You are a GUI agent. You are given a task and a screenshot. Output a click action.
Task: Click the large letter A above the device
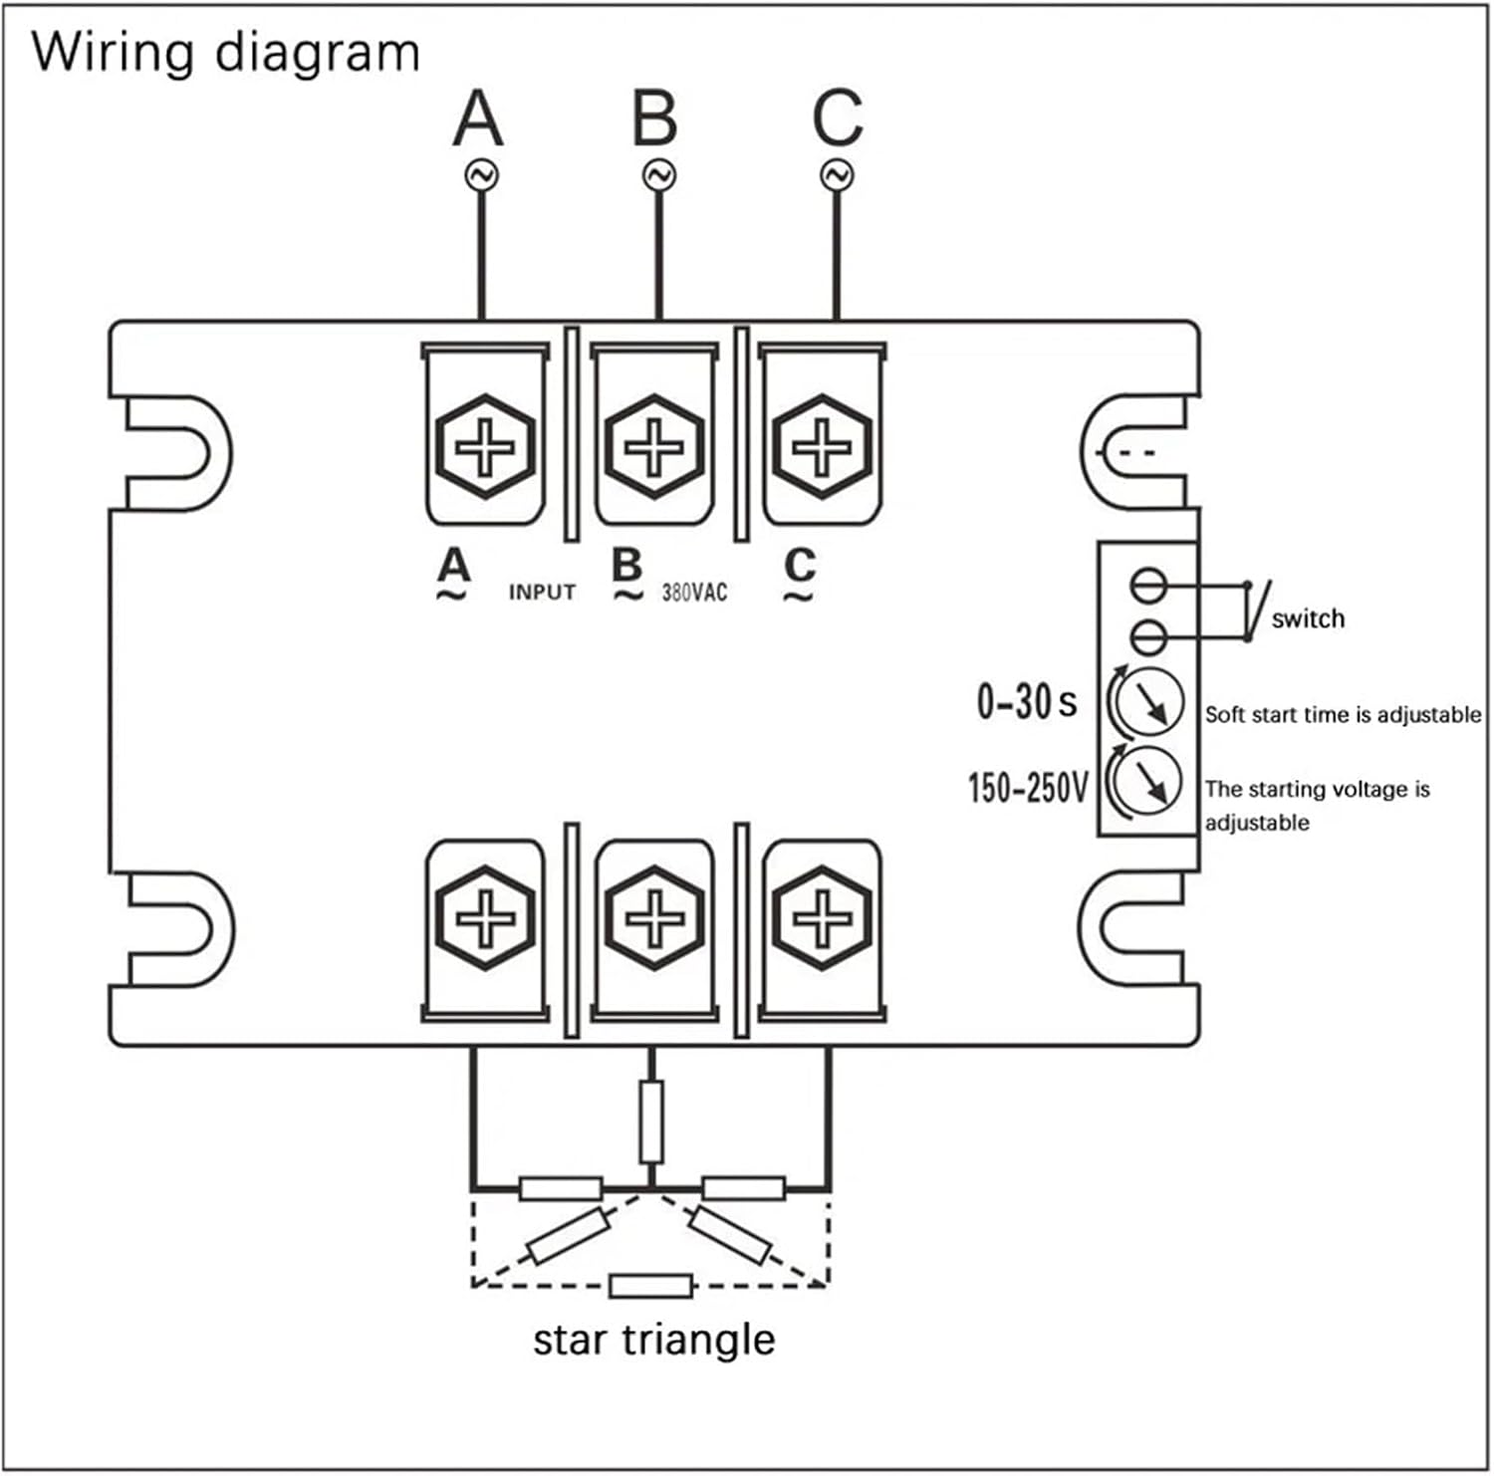tap(478, 119)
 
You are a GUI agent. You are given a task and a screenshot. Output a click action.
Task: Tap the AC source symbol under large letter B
tap(658, 175)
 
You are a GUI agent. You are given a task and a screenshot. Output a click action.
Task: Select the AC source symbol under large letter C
tap(837, 175)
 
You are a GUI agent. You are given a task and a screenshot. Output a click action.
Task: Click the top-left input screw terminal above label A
tap(485, 446)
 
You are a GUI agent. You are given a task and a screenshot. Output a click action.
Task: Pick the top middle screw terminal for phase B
tap(653, 446)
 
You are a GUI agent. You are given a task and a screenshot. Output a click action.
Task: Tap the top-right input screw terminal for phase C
tap(822, 446)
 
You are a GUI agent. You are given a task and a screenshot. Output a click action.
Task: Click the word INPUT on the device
tap(542, 593)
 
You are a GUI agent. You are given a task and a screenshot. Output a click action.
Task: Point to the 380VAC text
tap(694, 593)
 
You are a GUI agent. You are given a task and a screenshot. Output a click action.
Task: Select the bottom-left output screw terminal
tap(485, 918)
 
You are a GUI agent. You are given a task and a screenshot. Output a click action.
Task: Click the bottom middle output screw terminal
tap(653, 918)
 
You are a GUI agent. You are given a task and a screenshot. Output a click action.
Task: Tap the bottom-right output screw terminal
tap(822, 918)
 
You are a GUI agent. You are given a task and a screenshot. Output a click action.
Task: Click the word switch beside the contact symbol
tap(1308, 618)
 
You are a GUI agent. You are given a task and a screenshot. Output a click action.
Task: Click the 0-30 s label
tap(1026, 702)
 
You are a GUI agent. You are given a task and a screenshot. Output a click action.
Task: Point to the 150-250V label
tap(1028, 788)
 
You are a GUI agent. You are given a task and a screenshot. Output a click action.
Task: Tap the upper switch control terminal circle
tap(1148, 585)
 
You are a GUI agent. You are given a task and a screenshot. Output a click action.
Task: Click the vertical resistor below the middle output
tap(650, 1121)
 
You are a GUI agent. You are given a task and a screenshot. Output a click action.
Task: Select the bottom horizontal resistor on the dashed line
tap(650, 1286)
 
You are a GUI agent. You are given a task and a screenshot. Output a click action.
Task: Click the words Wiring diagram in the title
tap(225, 52)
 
